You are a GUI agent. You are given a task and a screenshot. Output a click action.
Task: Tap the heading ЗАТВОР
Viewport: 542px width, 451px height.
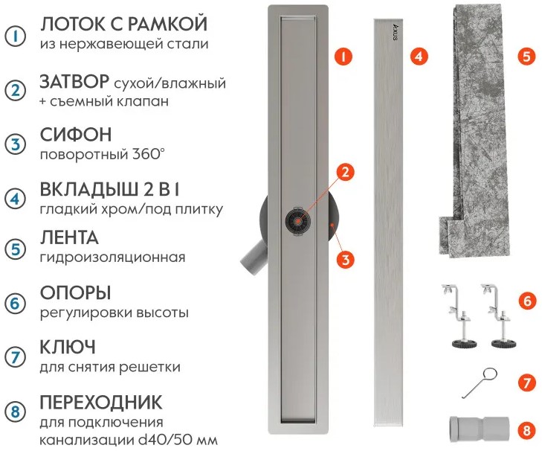[x=74, y=82]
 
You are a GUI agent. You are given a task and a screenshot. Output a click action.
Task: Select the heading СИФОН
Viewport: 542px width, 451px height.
[x=76, y=134]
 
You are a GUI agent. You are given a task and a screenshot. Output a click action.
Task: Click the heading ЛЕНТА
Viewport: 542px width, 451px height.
[x=69, y=238]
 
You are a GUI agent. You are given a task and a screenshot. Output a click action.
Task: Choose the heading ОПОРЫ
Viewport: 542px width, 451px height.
[x=75, y=292]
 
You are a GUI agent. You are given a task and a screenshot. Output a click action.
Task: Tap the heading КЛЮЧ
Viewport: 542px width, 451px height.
[x=68, y=347]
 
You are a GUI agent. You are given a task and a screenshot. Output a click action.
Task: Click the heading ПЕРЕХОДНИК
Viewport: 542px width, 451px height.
[x=101, y=402]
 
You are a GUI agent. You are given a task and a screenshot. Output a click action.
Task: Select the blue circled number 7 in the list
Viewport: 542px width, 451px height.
[x=15, y=357]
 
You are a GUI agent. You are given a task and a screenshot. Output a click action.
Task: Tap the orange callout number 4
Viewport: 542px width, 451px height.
[x=419, y=56]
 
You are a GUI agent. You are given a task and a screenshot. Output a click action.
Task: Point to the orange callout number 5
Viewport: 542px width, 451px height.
[x=526, y=56]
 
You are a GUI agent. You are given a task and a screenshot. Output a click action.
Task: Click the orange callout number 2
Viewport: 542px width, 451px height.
[x=345, y=172]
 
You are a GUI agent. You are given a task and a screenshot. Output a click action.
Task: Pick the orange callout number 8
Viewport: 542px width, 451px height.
[x=526, y=430]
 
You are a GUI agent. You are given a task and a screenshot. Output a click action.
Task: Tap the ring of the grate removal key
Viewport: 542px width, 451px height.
[x=491, y=374]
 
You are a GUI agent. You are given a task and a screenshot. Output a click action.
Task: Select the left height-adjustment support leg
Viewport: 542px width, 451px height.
[x=459, y=316]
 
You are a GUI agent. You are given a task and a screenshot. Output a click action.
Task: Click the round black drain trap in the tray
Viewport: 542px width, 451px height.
[x=297, y=220]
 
